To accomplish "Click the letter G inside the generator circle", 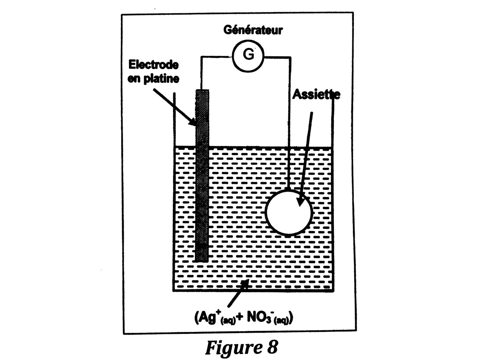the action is point(248,54).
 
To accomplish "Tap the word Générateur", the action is point(253,30).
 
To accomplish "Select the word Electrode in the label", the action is point(153,65).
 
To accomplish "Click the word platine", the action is point(161,79).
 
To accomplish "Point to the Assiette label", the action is point(316,94).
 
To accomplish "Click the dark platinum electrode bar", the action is point(202,175).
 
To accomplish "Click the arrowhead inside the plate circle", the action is point(300,201).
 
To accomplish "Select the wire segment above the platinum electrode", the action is point(201,73).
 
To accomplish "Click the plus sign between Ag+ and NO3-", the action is point(241,317).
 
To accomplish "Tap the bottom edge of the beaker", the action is point(253,291).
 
